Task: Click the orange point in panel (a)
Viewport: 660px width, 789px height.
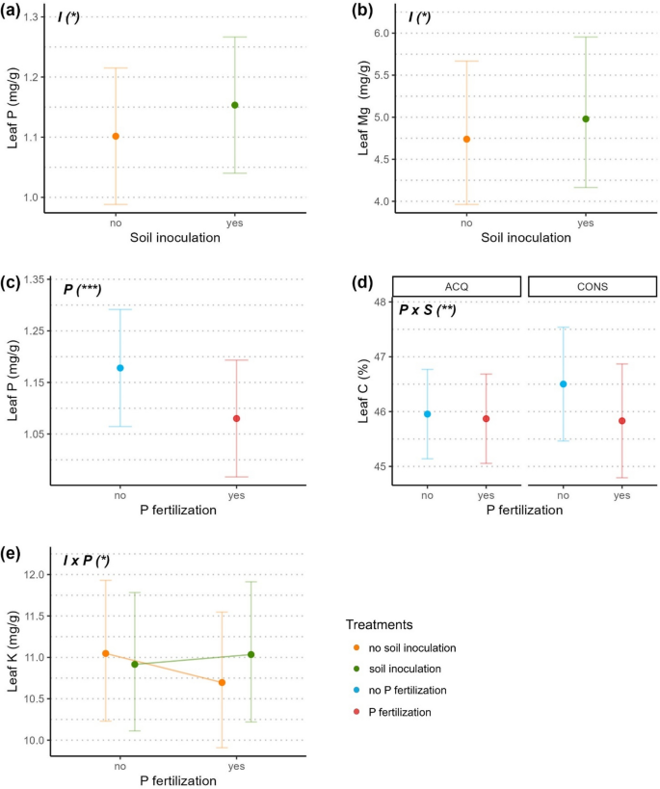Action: (x=116, y=136)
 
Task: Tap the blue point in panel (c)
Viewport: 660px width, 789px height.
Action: (x=120, y=368)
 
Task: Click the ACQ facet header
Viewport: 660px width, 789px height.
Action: (x=457, y=286)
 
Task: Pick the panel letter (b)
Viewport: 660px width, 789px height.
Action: (x=337, y=12)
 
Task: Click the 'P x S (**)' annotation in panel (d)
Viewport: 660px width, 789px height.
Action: (x=428, y=309)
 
